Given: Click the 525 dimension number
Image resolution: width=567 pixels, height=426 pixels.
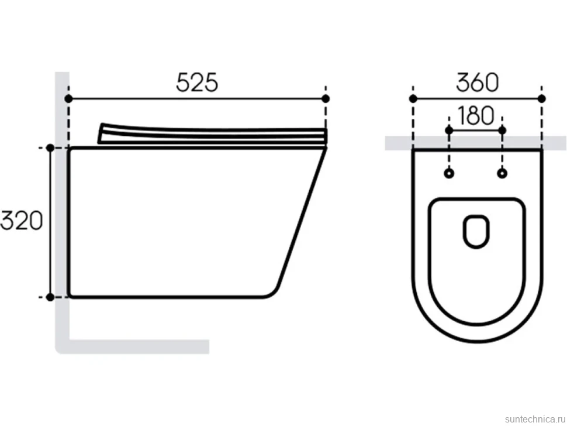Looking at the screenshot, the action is coord(197,82).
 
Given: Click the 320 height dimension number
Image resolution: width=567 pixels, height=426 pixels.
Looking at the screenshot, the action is coord(22,221).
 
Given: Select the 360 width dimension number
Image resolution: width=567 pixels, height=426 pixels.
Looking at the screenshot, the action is coord(478,82).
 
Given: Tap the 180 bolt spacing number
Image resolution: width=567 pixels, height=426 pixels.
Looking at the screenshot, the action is coord(475,115).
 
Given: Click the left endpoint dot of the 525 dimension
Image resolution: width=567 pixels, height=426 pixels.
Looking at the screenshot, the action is coord(68,98).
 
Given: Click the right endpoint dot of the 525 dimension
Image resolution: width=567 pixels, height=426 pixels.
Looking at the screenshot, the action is coord(326,98).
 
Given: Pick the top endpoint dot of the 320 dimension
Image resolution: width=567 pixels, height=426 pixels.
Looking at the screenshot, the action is coord(50,147).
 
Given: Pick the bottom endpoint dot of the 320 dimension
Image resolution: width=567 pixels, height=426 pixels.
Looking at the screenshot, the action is coord(50,297).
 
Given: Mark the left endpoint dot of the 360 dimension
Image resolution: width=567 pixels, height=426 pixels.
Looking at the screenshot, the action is coord(413,98).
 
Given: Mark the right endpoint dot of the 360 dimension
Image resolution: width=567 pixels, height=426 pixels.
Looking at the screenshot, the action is coord(541,98).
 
